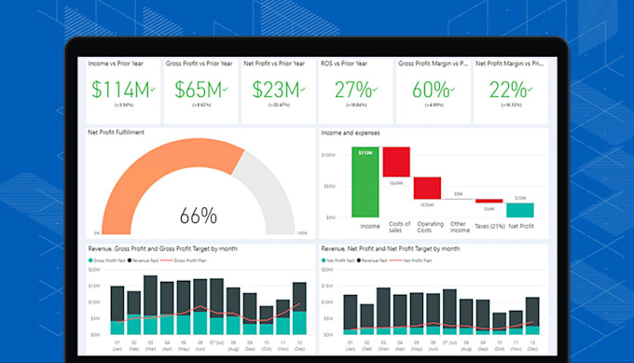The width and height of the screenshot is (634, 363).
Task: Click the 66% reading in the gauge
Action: [x=198, y=216]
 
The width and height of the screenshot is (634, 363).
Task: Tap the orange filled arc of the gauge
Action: [x=140, y=182]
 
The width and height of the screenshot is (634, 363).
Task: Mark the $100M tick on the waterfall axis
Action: [x=328, y=155]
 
